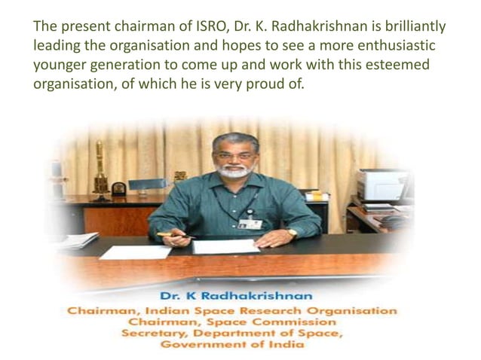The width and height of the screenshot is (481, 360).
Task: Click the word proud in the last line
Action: point(263,84)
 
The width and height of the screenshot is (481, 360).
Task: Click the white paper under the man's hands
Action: point(225,246)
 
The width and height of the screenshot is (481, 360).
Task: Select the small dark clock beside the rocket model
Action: point(118,188)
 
